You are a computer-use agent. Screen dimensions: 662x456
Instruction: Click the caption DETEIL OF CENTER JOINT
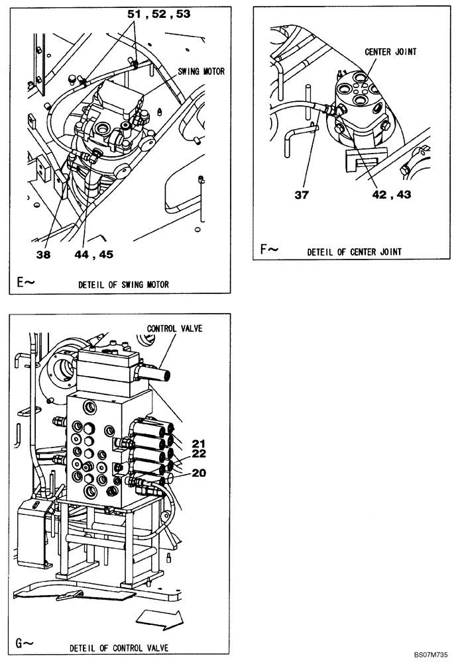354,252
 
